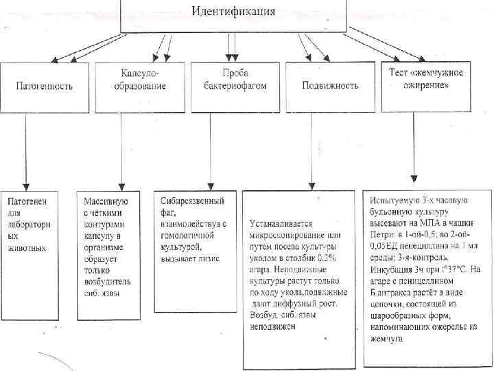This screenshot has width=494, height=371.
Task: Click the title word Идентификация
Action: [233, 12]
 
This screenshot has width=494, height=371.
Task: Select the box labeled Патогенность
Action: [45, 87]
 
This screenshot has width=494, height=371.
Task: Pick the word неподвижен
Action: [272, 326]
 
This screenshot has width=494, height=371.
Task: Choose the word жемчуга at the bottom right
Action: [387, 339]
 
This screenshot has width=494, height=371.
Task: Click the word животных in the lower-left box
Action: [27, 248]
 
